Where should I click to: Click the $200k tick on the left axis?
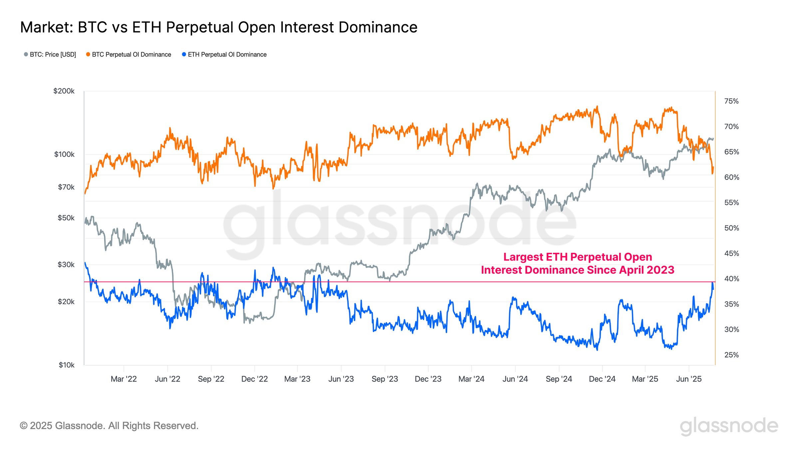coord(64,91)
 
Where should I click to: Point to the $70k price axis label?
coord(66,187)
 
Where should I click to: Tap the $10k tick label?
coord(67,365)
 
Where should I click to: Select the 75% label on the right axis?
coord(731,101)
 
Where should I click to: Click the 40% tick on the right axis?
coord(731,279)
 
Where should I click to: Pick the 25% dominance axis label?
coord(731,355)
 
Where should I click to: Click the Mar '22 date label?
coord(124,379)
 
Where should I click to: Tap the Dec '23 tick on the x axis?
coord(428,379)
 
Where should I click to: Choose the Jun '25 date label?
coord(688,379)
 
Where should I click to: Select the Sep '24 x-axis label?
coord(559,379)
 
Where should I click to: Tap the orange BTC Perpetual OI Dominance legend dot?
coord(88,54)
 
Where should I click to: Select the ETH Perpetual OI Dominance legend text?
coord(227,55)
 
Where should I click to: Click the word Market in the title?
coord(46,27)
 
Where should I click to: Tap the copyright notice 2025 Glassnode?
coord(109,426)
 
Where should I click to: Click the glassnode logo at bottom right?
coord(729,426)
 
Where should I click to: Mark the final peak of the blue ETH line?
coord(712,283)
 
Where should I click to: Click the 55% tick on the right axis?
coord(731,203)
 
